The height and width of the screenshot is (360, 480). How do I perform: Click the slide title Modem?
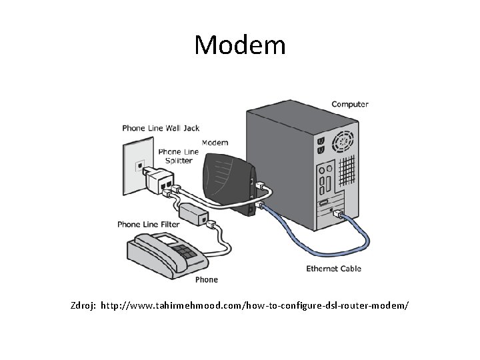coord(240,45)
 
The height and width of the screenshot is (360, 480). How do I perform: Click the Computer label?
coord(350,104)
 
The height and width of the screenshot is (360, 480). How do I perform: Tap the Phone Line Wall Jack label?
coord(161,128)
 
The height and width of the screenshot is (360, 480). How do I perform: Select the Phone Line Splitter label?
coord(179,156)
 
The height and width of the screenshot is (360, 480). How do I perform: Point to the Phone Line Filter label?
coord(149,225)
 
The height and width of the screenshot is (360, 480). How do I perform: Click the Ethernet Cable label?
coord(333,269)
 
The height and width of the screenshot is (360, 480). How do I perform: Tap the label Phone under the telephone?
coord(207,279)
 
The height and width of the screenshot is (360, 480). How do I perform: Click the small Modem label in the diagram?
coord(215,142)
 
